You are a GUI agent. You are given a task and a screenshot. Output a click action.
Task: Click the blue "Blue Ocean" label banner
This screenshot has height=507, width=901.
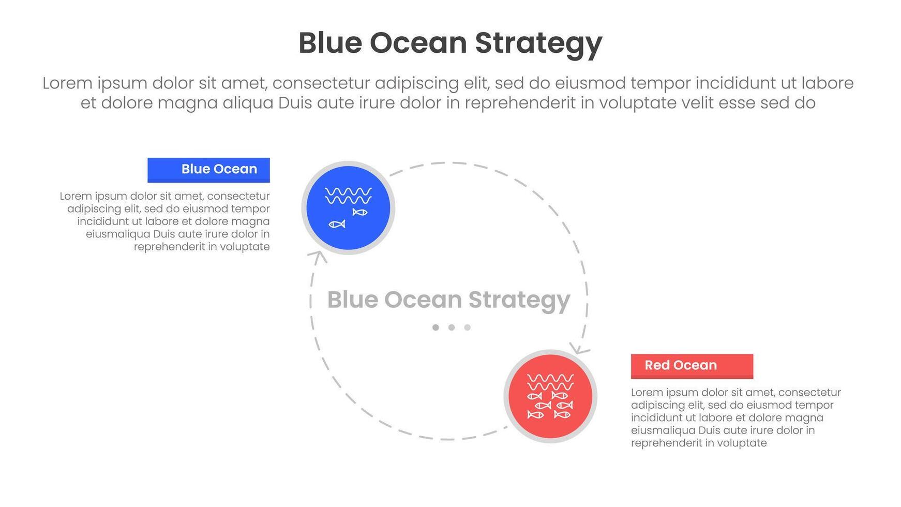(208, 170)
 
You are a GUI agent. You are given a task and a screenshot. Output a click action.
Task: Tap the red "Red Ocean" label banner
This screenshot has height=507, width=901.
(692, 366)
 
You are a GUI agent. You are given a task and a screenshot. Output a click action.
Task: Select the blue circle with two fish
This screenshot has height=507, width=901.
(348, 208)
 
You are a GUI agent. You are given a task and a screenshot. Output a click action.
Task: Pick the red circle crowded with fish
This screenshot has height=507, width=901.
(550, 396)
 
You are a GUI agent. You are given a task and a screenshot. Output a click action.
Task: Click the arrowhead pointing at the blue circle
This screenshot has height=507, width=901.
(318, 256)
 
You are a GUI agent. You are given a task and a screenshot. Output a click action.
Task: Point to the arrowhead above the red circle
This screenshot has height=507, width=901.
(581, 348)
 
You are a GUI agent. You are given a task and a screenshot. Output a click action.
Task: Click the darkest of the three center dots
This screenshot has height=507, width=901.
(436, 327)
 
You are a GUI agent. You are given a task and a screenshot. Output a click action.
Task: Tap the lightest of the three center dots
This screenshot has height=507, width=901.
(468, 327)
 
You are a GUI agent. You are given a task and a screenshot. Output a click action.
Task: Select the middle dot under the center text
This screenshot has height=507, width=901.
(452, 327)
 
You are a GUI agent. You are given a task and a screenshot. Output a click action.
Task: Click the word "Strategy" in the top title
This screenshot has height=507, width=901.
(538, 44)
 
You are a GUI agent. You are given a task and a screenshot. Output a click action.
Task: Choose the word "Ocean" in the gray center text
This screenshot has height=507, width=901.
(423, 300)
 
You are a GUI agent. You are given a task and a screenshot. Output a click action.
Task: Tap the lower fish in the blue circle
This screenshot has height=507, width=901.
(337, 224)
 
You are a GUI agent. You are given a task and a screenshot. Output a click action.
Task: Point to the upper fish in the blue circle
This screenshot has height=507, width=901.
(360, 212)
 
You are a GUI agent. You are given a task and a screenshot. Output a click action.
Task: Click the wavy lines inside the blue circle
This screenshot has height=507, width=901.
(348, 196)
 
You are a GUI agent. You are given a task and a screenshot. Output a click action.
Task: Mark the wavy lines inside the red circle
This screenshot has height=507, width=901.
(550, 382)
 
